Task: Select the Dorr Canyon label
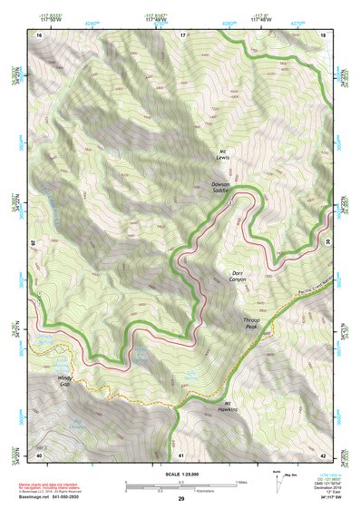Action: (234, 276)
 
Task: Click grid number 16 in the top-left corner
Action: (39, 34)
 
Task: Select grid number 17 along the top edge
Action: (182, 34)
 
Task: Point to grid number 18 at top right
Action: (323, 34)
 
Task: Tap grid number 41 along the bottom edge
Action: (182, 454)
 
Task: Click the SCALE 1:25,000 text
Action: (181, 475)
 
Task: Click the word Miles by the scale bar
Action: (241, 481)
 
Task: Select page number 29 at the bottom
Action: (181, 500)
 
